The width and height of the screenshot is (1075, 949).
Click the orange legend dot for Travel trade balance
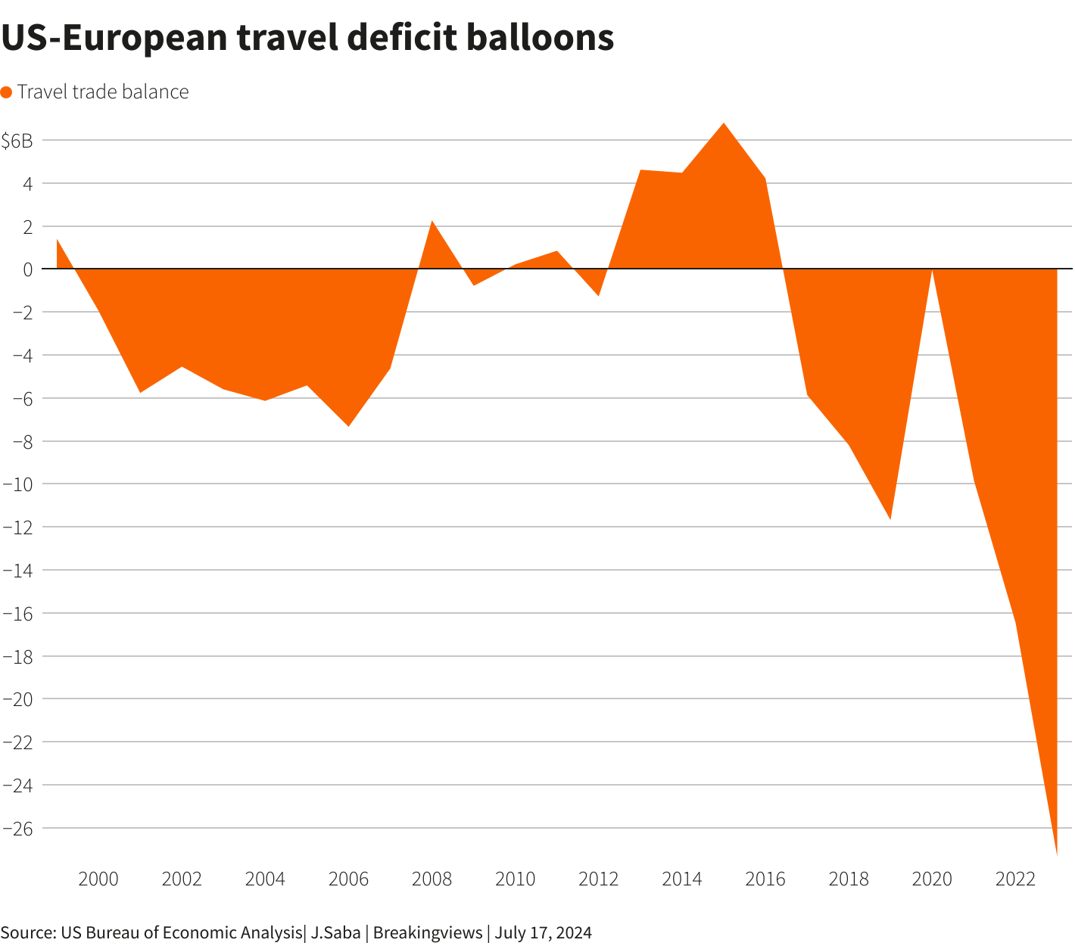pyautogui.click(x=7, y=92)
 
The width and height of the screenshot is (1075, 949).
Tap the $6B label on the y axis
pyautogui.click(x=17, y=141)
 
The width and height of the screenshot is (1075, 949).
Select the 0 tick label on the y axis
pyautogui.click(x=27, y=269)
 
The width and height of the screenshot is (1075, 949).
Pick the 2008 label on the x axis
pyautogui.click(x=432, y=879)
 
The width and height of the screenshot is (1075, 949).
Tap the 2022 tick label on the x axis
pyautogui.click(x=1015, y=879)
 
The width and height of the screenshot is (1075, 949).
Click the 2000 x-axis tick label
pyautogui.click(x=98, y=879)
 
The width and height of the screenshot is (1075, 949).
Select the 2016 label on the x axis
pyautogui.click(x=765, y=879)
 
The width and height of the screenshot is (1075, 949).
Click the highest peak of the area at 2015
pyautogui.click(x=724, y=124)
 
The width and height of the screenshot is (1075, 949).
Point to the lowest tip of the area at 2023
pyautogui.click(x=1056, y=855)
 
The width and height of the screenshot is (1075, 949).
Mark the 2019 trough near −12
pyautogui.click(x=890, y=518)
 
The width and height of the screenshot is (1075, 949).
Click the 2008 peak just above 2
pyautogui.click(x=432, y=222)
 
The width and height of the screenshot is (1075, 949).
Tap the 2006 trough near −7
pyautogui.click(x=348, y=425)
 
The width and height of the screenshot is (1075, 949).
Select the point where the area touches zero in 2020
pyautogui.click(x=932, y=269)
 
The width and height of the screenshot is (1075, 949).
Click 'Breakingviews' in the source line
pyautogui.click(x=428, y=932)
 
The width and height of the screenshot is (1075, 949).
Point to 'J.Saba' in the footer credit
pyautogui.click(x=335, y=932)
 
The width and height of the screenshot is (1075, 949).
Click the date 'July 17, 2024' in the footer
pyautogui.click(x=544, y=932)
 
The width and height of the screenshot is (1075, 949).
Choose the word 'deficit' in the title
pyautogui.click(x=385, y=37)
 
